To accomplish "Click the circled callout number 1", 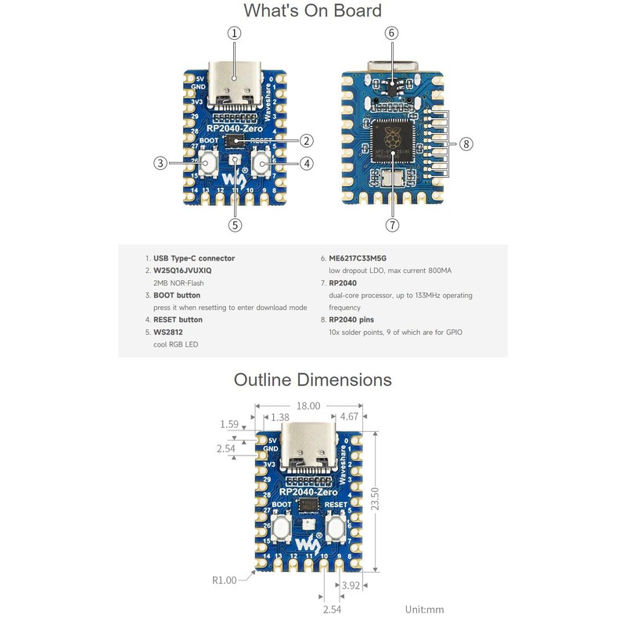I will (x=235, y=33).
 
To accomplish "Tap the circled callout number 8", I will (x=467, y=144).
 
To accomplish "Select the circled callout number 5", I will (x=235, y=225).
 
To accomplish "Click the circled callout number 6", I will (x=392, y=33).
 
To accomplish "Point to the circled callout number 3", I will (x=160, y=164).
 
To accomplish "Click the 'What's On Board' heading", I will (x=312, y=11).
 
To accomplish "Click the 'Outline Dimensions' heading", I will (x=312, y=380).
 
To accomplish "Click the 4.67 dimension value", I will (x=351, y=418).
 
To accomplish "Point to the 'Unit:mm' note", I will (x=424, y=609).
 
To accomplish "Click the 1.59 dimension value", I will (x=230, y=424).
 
